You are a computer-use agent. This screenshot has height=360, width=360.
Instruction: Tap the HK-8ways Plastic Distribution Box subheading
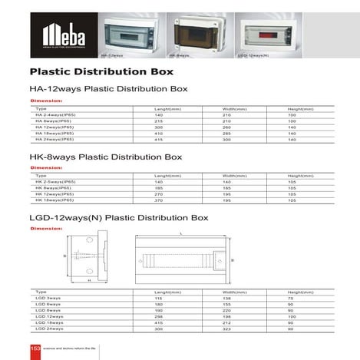click(105, 157)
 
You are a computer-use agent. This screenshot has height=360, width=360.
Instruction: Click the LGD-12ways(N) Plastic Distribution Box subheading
click(119, 217)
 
